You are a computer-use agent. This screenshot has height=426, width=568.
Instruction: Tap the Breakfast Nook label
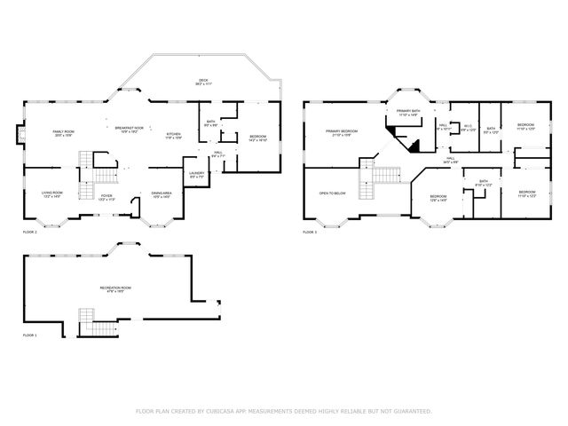point(130,130)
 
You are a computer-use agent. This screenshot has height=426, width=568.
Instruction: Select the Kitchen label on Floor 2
point(174,136)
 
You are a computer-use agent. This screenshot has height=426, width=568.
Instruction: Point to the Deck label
point(203,83)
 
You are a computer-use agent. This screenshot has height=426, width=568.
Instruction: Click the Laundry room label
point(197,175)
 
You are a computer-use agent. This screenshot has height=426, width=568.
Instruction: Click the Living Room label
point(52,193)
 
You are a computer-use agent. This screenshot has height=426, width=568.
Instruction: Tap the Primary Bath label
point(408,113)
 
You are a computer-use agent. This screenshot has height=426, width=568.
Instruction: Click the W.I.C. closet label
point(468,128)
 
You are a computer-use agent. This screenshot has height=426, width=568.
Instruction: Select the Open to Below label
point(332,192)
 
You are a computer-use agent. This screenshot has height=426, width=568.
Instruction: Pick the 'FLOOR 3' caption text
point(309,232)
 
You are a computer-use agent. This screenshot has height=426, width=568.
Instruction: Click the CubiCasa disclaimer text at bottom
point(283,411)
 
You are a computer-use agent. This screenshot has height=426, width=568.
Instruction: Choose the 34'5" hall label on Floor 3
point(451,161)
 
